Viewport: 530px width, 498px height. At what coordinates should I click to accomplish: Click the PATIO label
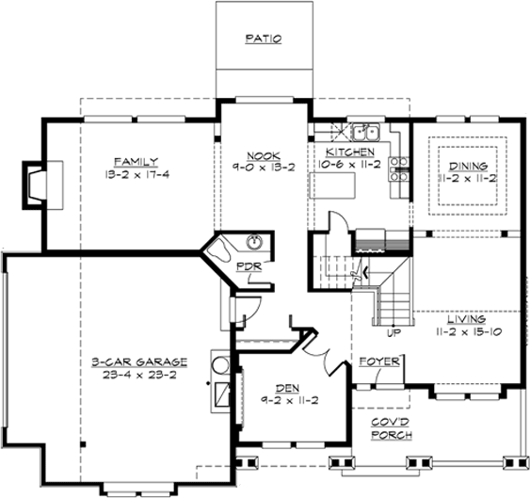pos(264,40)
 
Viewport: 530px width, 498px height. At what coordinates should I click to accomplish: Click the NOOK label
pos(260,156)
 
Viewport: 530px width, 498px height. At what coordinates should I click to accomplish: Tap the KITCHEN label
pos(350,152)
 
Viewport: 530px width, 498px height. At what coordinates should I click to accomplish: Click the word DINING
pos(467,165)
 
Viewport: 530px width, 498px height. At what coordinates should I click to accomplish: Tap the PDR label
pos(248,266)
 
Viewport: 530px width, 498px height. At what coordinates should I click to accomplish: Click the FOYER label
pos(380,361)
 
